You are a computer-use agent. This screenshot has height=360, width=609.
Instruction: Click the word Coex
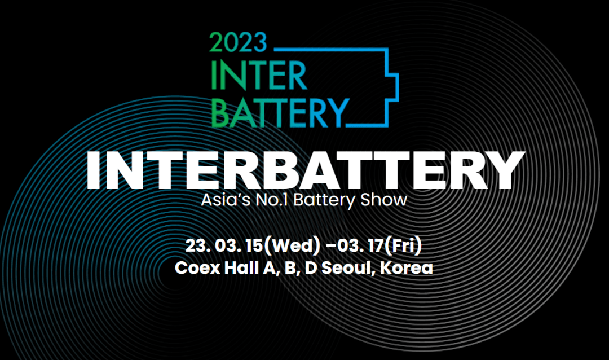(194, 267)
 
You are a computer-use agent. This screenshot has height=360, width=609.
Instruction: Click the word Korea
(407, 267)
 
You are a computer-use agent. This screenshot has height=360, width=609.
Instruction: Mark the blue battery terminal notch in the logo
(393, 82)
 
